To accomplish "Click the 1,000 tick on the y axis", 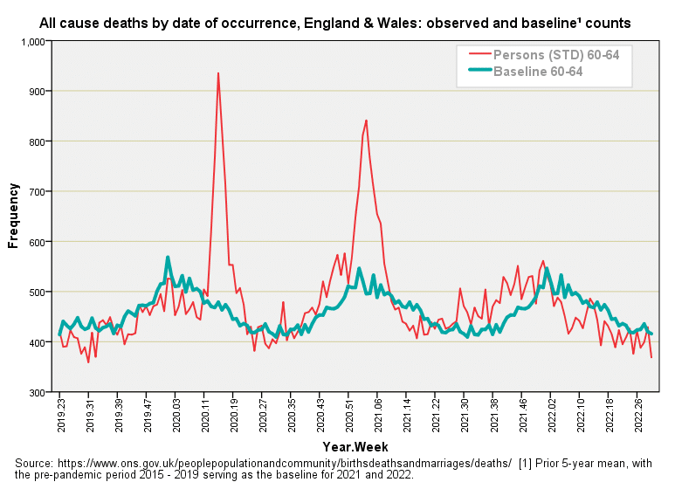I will point(32,41).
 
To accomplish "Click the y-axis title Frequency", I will point(14,216).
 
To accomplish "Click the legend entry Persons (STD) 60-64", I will point(556,55).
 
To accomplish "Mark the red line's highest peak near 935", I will point(218,73).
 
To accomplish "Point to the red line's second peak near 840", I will point(366,121).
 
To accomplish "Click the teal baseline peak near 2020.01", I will point(168,258).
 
